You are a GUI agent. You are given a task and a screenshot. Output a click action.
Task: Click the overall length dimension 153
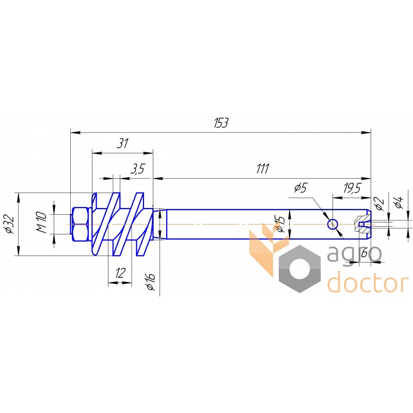pos(221,123)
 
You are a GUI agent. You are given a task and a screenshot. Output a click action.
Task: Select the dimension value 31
pos(122,144)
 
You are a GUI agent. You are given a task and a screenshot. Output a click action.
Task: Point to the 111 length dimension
pos(262,169)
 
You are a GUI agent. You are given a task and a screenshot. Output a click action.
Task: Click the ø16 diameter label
pos(151,281)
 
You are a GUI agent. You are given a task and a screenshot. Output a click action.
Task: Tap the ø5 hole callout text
pos(300,188)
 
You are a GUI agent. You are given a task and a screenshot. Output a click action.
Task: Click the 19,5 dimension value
pos(352,188)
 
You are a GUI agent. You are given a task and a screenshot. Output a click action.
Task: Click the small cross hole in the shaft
pos(332,224)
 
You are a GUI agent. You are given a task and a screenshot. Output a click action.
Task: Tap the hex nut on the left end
pos(80,224)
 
